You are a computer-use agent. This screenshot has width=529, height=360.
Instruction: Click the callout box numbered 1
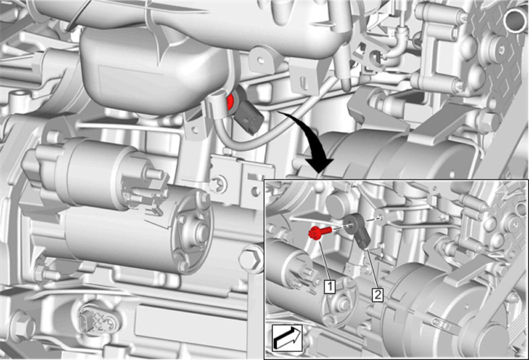(329, 286)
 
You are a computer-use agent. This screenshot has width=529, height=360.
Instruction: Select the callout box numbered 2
(377, 295)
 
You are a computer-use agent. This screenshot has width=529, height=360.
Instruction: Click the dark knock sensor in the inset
(358, 231)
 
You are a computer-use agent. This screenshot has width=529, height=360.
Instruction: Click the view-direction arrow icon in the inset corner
(287, 338)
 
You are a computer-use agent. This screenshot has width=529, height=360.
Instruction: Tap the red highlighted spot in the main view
(231, 102)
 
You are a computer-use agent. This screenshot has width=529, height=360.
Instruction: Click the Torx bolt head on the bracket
(218, 184)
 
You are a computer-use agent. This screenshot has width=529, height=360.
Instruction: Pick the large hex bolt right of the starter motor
(252, 258)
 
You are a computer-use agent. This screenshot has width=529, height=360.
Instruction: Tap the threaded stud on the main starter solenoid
(155, 174)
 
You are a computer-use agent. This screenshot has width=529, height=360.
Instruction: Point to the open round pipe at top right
(515, 21)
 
